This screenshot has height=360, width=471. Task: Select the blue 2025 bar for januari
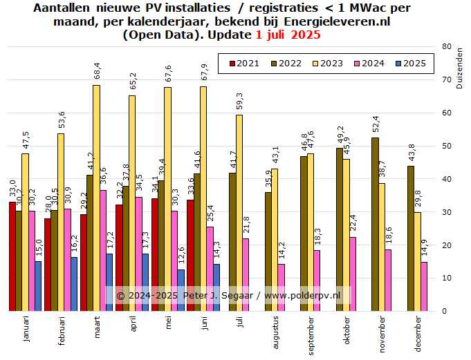[38, 285]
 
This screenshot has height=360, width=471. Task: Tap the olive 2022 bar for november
[375, 224]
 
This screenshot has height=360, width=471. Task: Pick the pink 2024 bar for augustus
[281, 287]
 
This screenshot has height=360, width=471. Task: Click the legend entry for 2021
[243, 64]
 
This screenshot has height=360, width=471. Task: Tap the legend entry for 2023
[329, 64]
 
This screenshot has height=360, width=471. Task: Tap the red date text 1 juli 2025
[288, 35]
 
